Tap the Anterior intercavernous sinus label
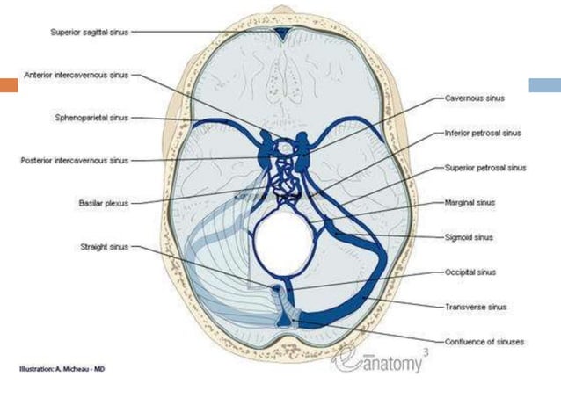[76, 76]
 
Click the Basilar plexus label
[103, 203]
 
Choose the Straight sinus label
[104, 247]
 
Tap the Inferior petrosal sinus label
[483, 134]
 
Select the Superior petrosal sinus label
[485, 168]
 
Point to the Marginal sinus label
[470, 202]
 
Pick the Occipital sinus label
[471, 272]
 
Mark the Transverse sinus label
[475, 307]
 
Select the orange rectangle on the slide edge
[9, 86]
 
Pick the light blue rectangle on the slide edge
[544, 86]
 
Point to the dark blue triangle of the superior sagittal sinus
[280, 35]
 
